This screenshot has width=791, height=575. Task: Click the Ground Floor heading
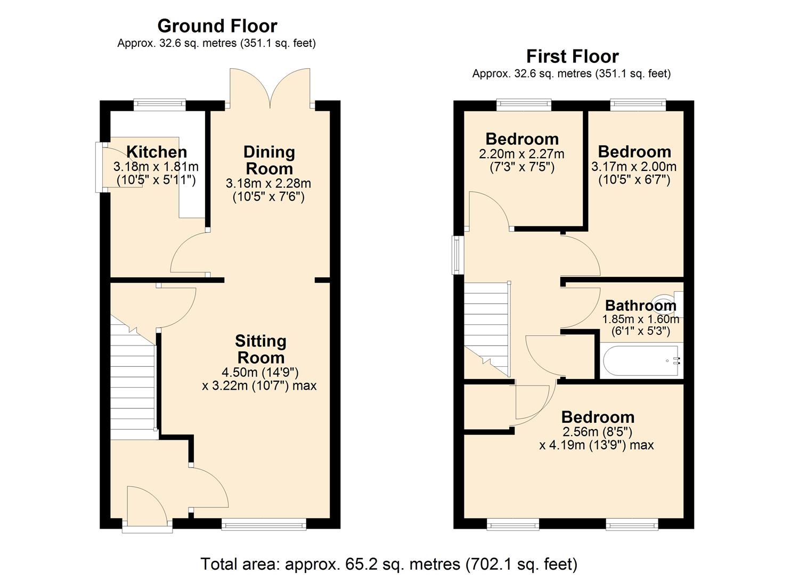pyautogui.click(x=217, y=26)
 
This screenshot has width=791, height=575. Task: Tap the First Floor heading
pyautogui.click(x=572, y=56)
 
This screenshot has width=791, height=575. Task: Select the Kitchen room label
pyautogui.click(x=157, y=152)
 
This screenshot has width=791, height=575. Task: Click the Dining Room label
pyautogui.click(x=268, y=160)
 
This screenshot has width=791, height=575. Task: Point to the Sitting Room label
pyautogui.click(x=260, y=349)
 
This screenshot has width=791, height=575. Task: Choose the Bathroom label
pyautogui.click(x=640, y=306)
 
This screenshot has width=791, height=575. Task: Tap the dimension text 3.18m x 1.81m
pyautogui.click(x=156, y=167)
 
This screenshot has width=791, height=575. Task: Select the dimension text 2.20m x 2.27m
pyautogui.click(x=521, y=154)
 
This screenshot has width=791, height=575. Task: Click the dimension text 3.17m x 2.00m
pyautogui.click(x=634, y=167)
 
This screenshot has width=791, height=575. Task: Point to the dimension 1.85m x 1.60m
pyautogui.click(x=640, y=319)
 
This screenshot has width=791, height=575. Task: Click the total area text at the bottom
pyautogui.click(x=388, y=563)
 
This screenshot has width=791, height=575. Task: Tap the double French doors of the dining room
pyautogui.click(x=270, y=88)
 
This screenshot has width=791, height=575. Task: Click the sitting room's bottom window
pyautogui.click(x=264, y=525)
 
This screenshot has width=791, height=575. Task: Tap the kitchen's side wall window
pyautogui.click(x=99, y=167)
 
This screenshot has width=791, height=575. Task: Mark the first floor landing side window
pyautogui.click(x=456, y=256)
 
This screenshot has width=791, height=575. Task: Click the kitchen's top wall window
pyautogui.click(x=159, y=104)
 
